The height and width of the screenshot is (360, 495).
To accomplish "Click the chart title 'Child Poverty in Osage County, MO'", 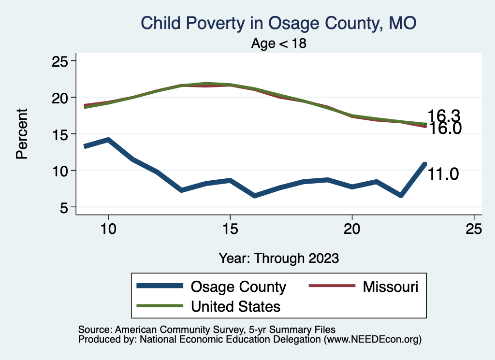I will pyautogui.click(x=278, y=23).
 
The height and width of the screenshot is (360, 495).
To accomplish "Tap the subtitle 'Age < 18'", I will pyautogui.click(x=279, y=43).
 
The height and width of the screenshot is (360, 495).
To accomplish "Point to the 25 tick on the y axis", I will pyautogui.click(x=60, y=61).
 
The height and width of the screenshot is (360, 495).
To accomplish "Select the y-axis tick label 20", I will pyautogui.click(x=60, y=98).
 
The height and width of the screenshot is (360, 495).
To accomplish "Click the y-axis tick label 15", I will pyautogui.click(x=60, y=134).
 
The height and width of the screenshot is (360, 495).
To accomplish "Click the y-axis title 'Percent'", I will pyautogui.click(x=22, y=134).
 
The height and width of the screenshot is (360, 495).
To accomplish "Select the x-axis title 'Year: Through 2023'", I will pyautogui.click(x=278, y=258).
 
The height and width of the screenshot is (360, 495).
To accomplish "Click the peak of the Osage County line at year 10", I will pyautogui.click(x=108, y=140).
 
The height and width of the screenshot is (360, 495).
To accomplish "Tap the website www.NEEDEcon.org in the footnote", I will pyautogui.click(x=372, y=340).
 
